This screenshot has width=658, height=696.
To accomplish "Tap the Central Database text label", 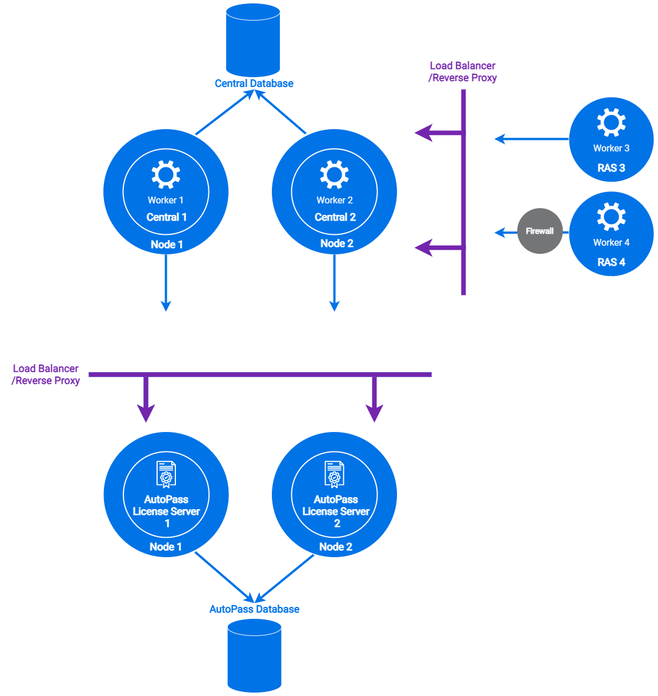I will coord(254,83).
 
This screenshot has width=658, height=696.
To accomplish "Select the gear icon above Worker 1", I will coord(166,174).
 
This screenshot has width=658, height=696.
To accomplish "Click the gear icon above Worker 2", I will coord(334,174).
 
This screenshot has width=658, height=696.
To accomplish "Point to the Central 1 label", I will coord(166,217).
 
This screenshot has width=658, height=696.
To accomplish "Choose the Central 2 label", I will coord(335,217).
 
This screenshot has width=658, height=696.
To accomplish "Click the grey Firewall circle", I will coord(540,231).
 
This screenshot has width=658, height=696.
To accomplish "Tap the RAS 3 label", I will coord(611,168).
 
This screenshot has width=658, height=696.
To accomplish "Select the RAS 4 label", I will coord(611,262).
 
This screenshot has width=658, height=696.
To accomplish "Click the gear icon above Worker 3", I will coord(611,122).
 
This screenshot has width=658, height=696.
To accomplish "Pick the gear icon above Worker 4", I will coord(611,217).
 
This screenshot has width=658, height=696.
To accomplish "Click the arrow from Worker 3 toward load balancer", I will coord(531,139).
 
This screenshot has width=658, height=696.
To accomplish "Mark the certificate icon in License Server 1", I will coord(166,474).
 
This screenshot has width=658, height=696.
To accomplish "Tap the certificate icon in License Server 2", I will coord(335,474).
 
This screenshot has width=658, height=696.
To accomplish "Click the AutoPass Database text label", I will coord(254,609).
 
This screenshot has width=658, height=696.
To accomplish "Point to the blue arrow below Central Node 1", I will coord(166,283).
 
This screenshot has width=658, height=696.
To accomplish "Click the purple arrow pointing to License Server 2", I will coord(375,400).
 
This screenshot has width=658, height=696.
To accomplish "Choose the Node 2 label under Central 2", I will coord(336,243).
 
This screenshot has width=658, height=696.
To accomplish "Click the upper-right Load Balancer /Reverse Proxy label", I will coord(463,72).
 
